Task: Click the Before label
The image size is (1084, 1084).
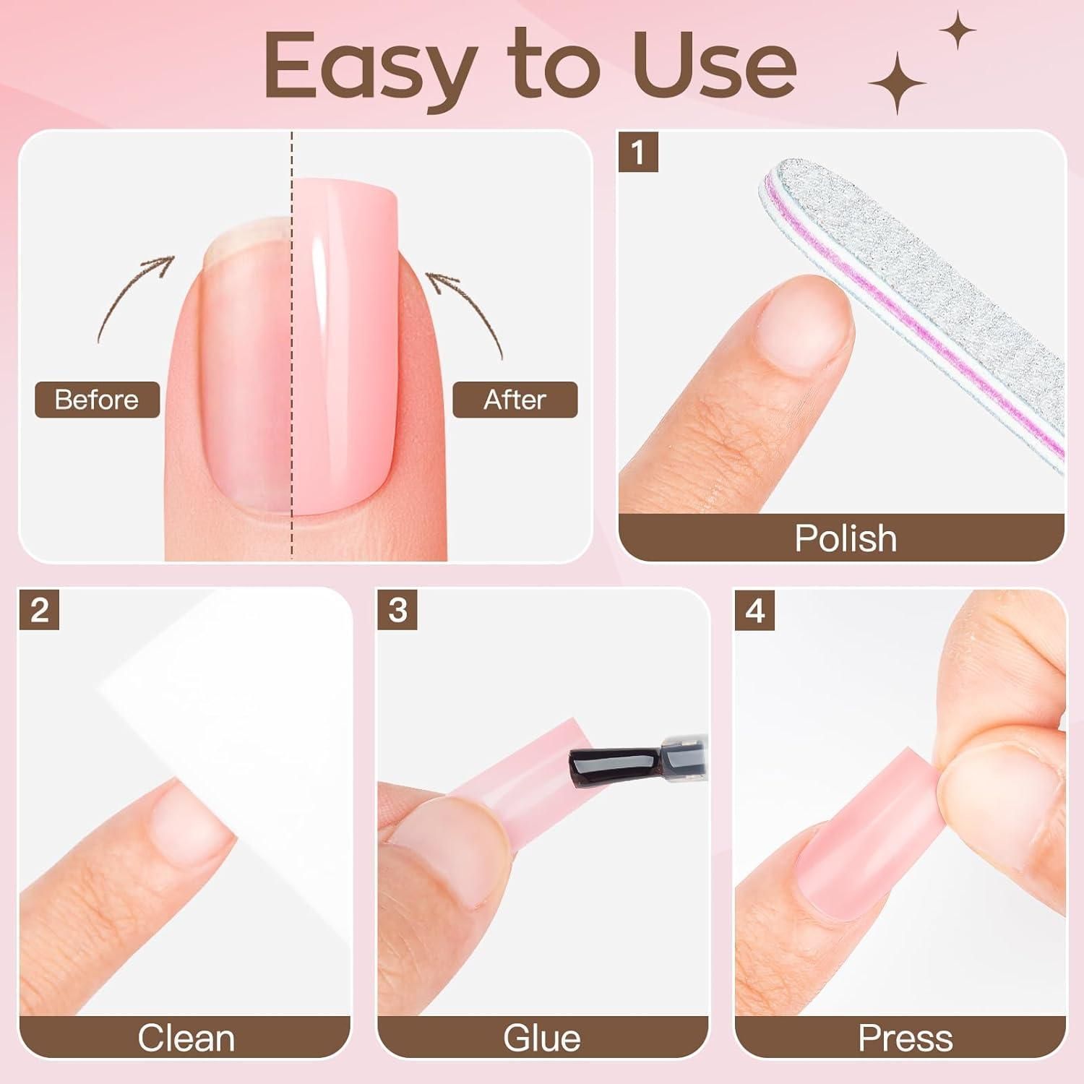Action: (97, 400)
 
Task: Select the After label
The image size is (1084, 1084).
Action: (515, 400)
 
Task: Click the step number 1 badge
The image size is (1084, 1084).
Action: (637, 152)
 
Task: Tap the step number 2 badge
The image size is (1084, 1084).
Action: (39, 610)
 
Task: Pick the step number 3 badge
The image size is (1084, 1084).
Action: (397, 610)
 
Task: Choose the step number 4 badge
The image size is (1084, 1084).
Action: (755, 610)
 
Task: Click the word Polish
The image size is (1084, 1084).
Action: (846, 538)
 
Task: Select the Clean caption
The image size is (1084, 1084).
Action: (186, 1038)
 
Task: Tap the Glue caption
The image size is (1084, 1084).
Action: (542, 1038)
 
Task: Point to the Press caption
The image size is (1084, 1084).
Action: (905, 1038)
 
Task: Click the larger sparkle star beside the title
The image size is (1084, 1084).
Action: (897, 83)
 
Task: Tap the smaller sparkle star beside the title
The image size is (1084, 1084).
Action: (958, 31)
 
